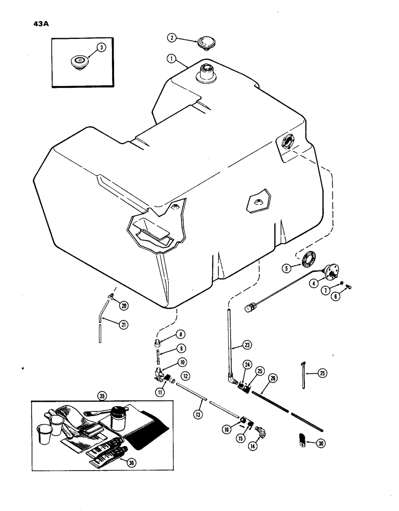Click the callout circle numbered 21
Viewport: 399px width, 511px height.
123,323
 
